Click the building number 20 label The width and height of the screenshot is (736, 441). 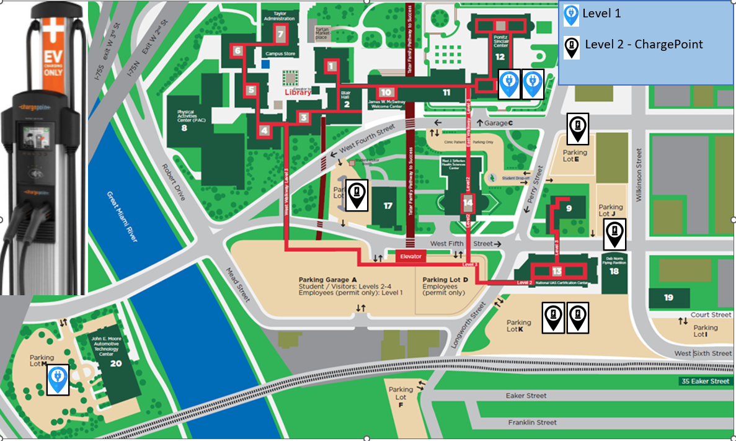(116, 363)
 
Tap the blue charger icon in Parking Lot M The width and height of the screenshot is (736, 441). (58, 380)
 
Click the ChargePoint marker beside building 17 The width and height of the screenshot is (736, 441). (357, 195)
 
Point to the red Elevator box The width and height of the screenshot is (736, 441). (410, 256)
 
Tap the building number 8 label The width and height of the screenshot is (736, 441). (184, 128)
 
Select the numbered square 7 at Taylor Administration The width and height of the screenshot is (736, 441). (281, 35)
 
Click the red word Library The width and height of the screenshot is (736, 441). (297, 92)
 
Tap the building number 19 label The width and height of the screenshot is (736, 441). (668, 298)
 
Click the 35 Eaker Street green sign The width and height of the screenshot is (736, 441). (704, 381)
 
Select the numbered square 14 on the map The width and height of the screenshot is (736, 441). (468, 203)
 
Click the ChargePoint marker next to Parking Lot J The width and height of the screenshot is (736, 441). (614, 234)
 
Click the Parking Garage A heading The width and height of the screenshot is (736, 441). (332, 279)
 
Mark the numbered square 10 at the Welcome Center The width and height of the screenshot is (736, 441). (386, 92)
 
